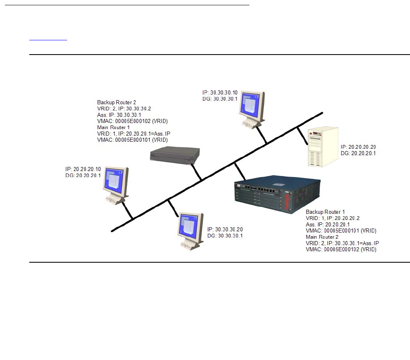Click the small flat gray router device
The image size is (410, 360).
175,155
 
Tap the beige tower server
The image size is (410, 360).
323,147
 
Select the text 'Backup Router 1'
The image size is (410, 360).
325,212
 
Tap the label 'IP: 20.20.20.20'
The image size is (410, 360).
358,147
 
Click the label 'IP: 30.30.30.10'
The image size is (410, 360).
220,93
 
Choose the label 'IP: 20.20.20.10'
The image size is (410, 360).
83,169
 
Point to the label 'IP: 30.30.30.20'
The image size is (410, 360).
225,229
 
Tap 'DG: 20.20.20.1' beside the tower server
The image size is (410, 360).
358,154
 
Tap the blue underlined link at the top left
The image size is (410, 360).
48,40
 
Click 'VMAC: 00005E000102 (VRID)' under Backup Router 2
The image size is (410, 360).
133,121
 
